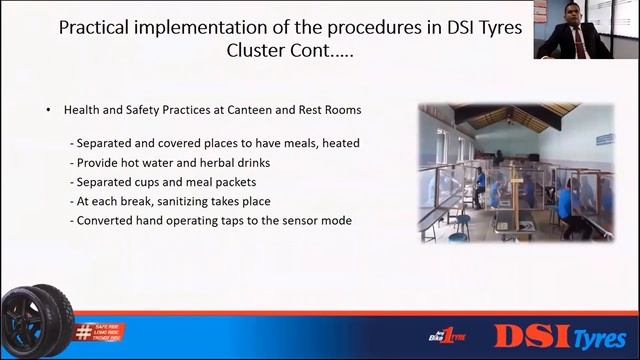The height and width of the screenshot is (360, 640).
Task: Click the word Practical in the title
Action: point(95,27)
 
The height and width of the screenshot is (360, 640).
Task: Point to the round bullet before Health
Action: point(48,110)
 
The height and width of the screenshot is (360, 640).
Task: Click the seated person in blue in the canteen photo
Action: point(565,201)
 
